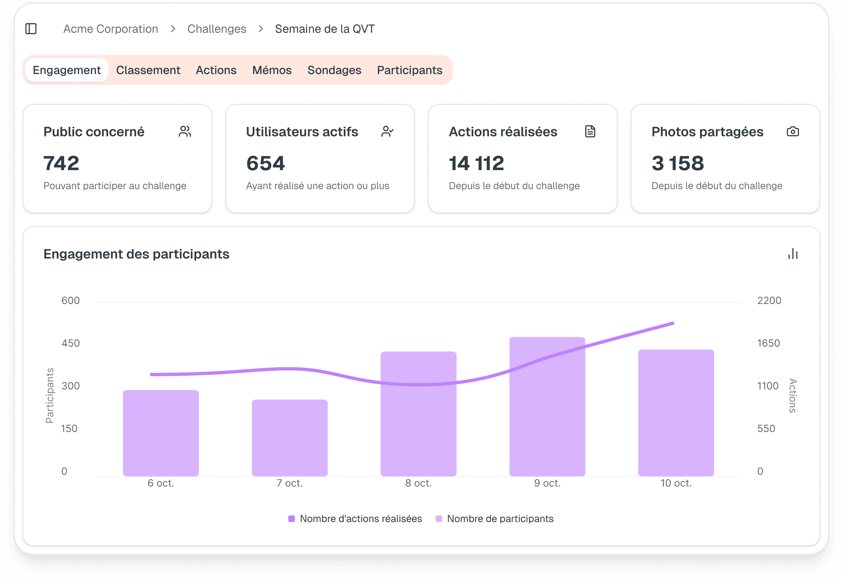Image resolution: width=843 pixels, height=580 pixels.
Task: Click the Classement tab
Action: [148, 70]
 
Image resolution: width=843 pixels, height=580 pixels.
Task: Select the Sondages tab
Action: [334, 70]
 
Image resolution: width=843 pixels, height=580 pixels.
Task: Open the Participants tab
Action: [409, 70]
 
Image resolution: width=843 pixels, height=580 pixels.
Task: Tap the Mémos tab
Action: [272, 70]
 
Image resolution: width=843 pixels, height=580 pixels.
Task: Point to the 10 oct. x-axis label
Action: [676, 483]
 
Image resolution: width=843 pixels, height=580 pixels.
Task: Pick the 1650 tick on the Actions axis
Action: [768, 343]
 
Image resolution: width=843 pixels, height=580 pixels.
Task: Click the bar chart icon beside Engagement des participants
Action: [793, 254]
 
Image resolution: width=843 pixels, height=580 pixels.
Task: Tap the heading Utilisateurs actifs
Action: [302, 132]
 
